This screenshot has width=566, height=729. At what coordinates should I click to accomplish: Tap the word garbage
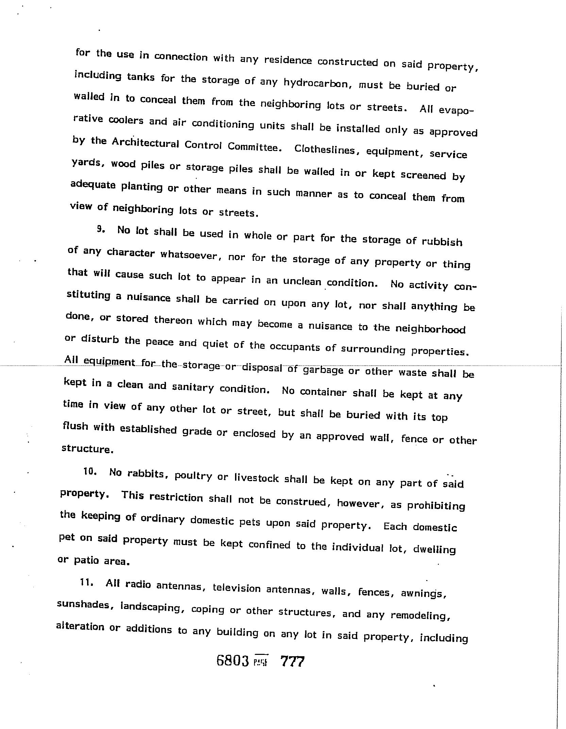323,370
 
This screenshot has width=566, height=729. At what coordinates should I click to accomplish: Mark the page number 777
292,661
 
